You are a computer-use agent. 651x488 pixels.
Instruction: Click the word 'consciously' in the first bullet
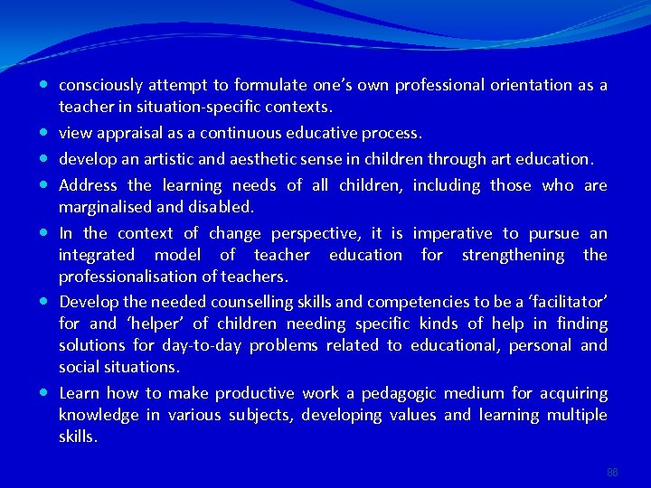pyautogui.click(x=100, y=85)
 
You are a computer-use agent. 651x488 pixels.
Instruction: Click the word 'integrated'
pyautogui.click(x=97, y=255)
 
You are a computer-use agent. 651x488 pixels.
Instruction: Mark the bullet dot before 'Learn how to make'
pyautogui.click(x=44, y=393)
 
